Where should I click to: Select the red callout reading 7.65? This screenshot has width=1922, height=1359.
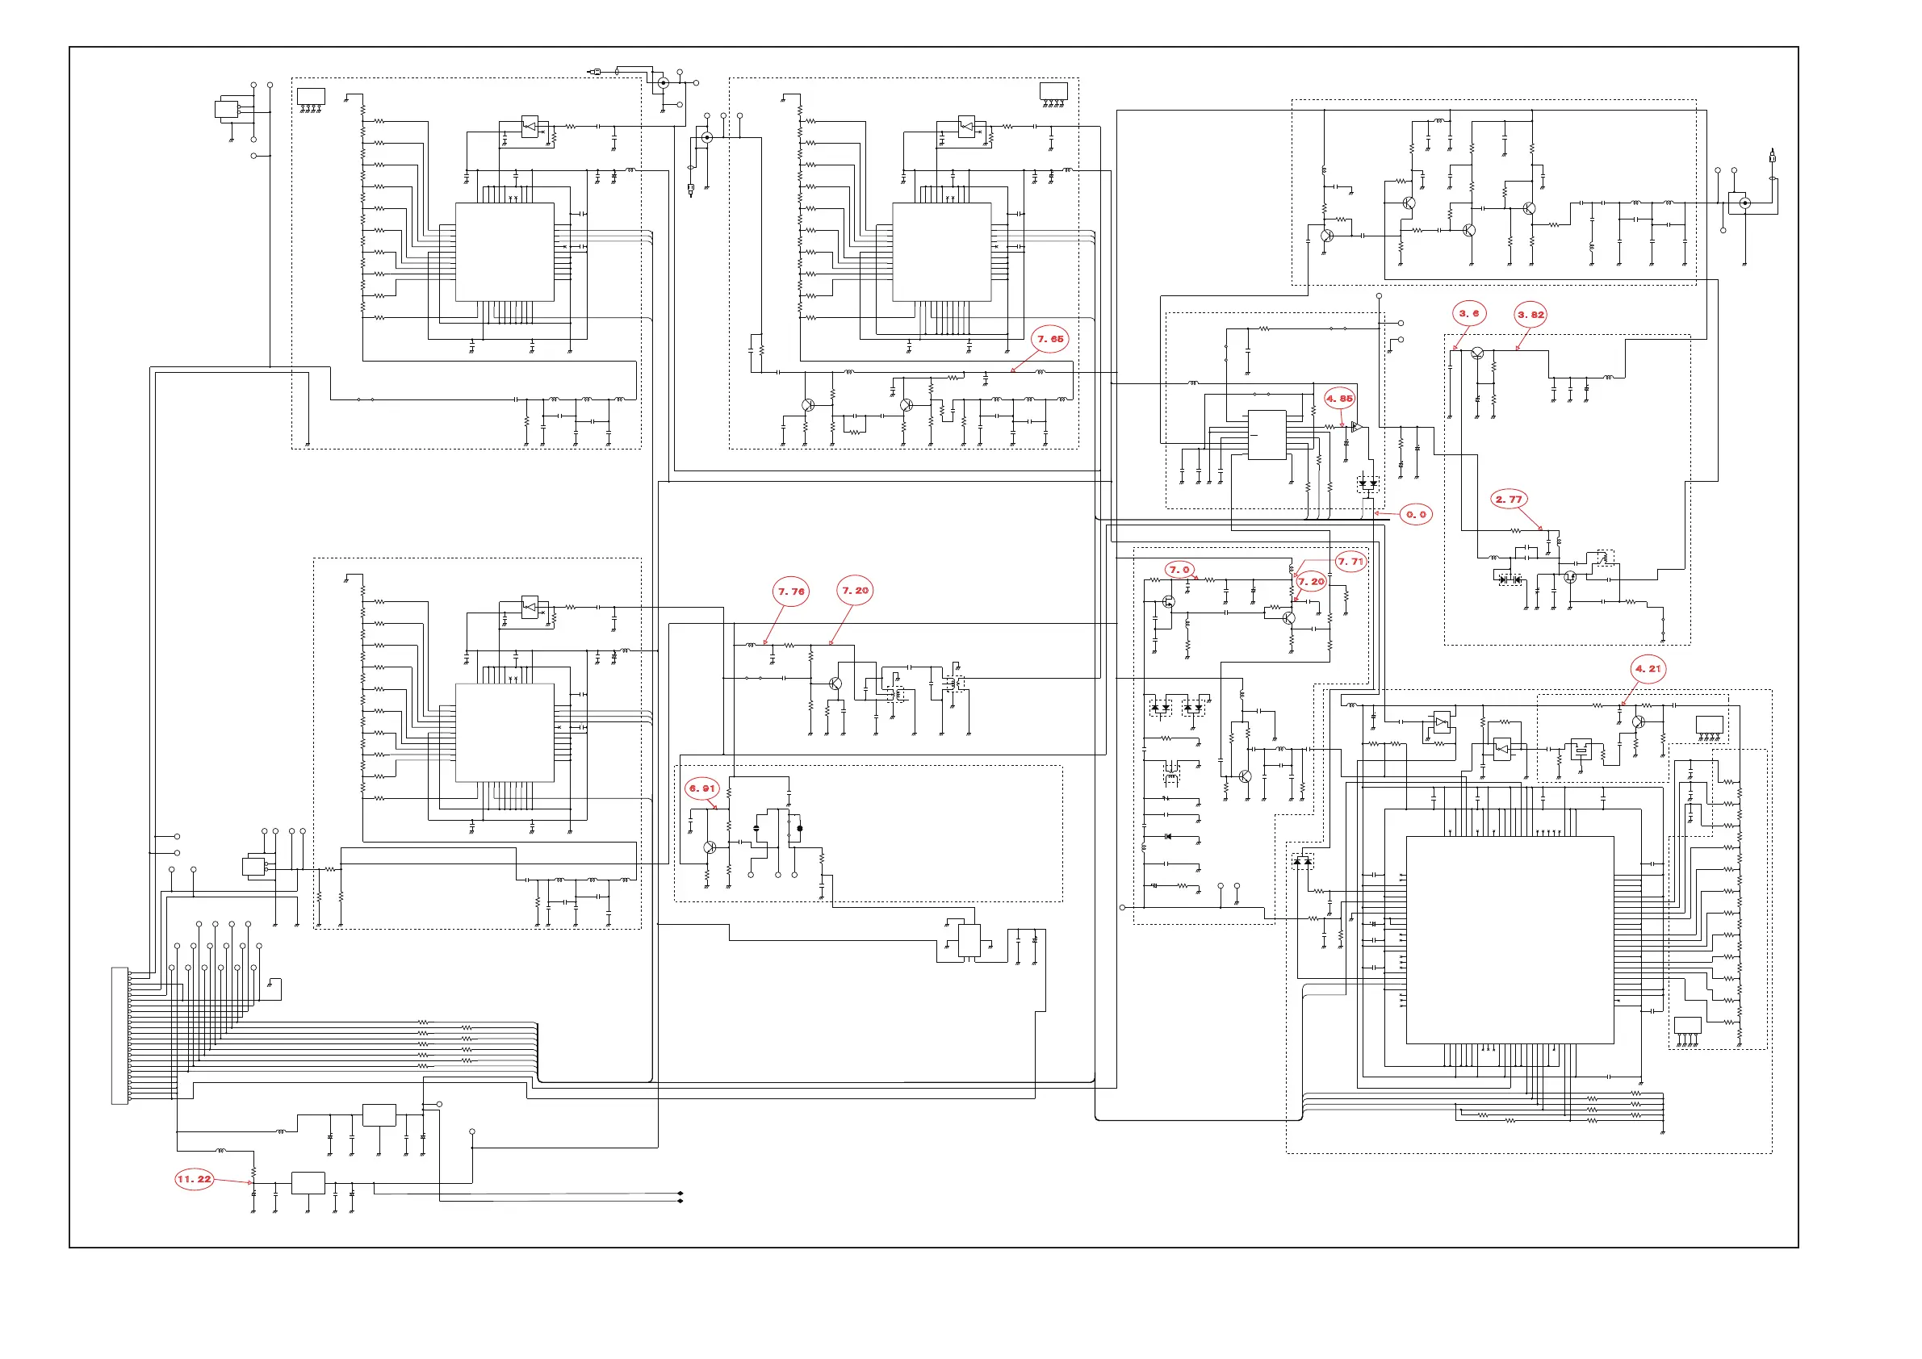click(1049, 339)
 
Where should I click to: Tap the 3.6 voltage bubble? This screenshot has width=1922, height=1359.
click(1469, 314)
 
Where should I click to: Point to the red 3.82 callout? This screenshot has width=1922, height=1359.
click(1531, 315)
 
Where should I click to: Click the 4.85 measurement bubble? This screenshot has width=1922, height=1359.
click(1339, 399)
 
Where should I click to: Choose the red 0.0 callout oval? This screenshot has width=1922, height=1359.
click(1416, 515)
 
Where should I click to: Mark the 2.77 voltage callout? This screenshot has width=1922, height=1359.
click(1509, 500)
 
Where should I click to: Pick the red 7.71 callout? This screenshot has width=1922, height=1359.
click(1350, 562)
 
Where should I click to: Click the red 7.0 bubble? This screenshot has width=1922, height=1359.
click(1179, 570)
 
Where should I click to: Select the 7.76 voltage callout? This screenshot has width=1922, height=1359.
click(791, 592)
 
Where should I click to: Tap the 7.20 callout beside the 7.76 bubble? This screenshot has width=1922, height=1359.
click(856, 591)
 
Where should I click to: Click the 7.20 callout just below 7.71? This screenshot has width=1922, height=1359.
click(1311, 581)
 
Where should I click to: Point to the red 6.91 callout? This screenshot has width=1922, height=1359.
click(702, 788)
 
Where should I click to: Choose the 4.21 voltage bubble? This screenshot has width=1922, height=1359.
click(1648, 669)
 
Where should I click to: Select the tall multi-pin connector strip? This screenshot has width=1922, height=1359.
click(119, 1035)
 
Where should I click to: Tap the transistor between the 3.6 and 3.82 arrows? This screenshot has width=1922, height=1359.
click(1477, 353)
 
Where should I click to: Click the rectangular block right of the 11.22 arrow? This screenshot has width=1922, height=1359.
click(308, 1183)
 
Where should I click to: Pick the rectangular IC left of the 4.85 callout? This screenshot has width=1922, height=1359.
click(1267, 434)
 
